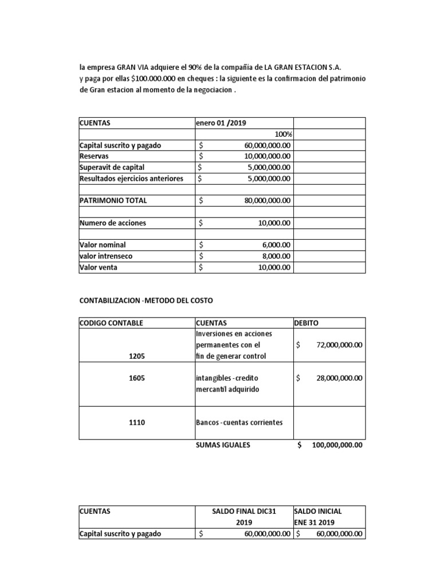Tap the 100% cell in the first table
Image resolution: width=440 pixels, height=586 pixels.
click(283, 134)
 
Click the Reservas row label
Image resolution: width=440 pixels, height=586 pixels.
click(94, 156)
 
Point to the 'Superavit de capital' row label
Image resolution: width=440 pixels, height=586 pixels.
click(112, 168)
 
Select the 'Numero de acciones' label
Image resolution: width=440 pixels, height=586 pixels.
click(113, 223)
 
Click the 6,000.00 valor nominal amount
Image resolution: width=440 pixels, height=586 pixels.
click(276, 245)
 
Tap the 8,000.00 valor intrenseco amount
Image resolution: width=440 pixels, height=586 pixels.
click(276, 256)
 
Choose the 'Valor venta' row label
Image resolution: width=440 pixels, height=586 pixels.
click(99, 267)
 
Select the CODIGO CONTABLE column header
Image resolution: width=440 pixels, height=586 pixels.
click(111, 323)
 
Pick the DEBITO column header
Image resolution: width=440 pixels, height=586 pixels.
click(307, 323)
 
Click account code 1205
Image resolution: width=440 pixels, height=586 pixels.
click(137, 356)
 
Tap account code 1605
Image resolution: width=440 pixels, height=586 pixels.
click(137, 378)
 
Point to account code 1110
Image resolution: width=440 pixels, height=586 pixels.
click(137, 422)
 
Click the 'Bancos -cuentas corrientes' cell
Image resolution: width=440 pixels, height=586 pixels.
click(239, 422)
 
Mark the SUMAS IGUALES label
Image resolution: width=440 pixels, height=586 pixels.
click(223, 445)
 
